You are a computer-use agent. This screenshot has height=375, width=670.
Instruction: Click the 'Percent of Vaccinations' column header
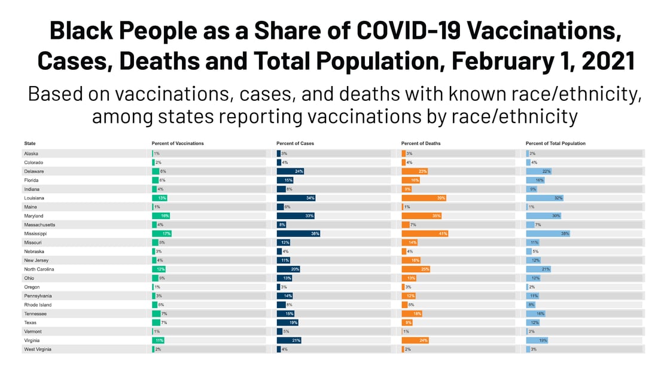pyautogui.click(x=178, y=143)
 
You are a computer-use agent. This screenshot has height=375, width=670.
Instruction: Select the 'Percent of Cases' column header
pyautogui.click(x=295, y=143)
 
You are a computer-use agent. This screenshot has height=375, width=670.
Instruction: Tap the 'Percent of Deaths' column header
pyautogui.click(x=421, y=143)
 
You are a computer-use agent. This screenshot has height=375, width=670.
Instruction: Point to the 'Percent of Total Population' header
pyautogui.click(x=555, y=143)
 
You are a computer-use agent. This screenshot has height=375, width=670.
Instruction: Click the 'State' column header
pyautogui.click(x=30, y=143)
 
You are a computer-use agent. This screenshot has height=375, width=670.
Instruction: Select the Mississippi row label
pyautogui.click(x=36, y=233)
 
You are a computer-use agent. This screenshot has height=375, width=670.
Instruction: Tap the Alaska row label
pyautogui.click(x=31, y=153)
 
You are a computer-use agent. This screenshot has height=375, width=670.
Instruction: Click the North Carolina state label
pyautogui.click(x=39, y=269)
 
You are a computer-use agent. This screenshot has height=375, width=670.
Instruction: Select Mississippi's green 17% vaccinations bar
pyautogui.click(x=162, y=233)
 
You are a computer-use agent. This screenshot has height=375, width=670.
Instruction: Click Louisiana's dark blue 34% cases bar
pyautogui.click(x=296, y=198)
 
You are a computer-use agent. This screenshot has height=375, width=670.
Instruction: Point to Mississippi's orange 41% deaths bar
pyautogui.click(x=425, y=233)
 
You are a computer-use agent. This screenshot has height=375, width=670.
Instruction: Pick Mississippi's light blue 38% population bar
pyautogui.click(x=547, y=233)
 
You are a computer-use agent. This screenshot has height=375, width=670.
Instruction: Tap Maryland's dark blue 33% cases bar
pyautogui.click(x=295, y=216)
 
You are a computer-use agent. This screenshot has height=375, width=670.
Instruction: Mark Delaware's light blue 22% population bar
pyautogui.click(x=538, y=171)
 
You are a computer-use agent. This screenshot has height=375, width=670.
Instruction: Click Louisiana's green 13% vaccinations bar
pyautogui.click(x=160, y=198)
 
